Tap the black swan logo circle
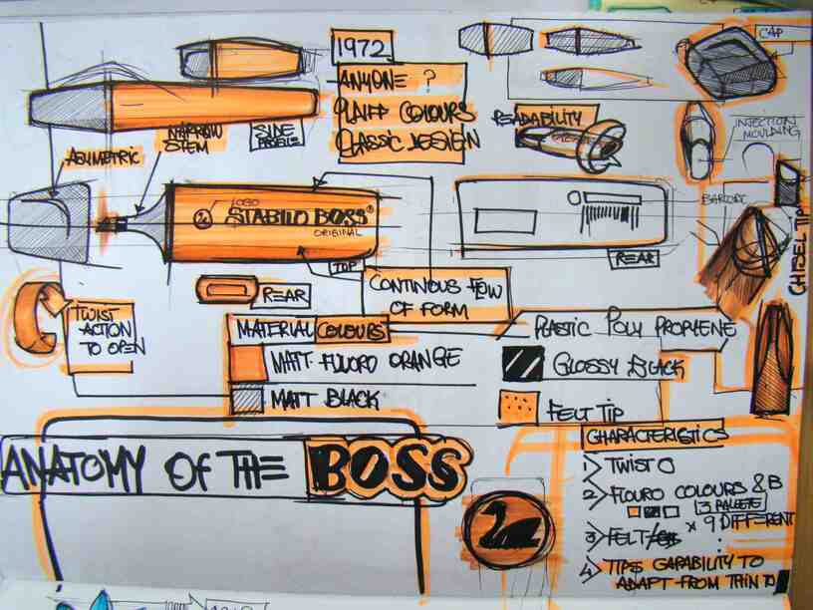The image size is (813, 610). pos(509,525)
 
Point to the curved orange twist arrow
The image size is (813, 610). pos(37,318)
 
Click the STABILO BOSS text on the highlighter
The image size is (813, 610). pos(295,214)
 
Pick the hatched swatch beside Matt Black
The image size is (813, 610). pos(247,399)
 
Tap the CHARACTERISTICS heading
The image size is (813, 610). pos(654,437)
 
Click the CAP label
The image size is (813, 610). pos(769,34)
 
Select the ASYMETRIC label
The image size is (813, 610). pos(104,156)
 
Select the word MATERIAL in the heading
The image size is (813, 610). pos(275,329)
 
